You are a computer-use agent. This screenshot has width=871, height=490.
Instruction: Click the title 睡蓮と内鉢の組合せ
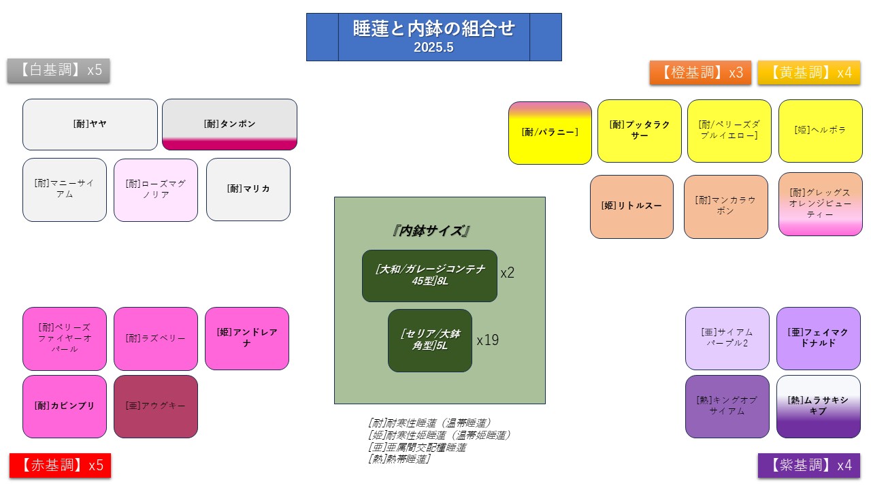433,29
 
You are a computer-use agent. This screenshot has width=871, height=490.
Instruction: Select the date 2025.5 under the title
433,48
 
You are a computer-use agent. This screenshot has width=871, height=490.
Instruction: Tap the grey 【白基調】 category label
59,70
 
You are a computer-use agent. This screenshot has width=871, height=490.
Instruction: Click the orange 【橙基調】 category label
700,73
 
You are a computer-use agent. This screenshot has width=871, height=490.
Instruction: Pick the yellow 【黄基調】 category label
809,73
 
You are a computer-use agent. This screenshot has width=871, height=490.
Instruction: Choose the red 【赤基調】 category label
60,465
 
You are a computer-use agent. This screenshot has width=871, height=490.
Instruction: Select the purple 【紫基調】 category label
809,465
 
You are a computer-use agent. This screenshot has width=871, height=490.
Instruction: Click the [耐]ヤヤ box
90,125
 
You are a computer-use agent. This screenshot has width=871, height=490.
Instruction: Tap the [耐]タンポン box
229,125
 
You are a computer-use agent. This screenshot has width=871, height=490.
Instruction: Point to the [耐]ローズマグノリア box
156,190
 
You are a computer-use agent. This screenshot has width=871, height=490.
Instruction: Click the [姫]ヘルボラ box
820,131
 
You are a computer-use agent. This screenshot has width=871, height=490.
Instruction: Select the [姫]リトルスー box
631,206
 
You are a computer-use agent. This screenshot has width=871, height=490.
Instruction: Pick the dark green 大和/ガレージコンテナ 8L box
429,276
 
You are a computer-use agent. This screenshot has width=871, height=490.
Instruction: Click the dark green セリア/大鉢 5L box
429,340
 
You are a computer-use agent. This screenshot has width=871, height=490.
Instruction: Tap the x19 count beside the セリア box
487,340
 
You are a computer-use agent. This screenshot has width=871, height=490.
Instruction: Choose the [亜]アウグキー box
156,406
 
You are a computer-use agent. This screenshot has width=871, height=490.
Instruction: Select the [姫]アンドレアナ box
247,338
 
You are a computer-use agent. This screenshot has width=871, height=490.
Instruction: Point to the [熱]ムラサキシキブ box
818,406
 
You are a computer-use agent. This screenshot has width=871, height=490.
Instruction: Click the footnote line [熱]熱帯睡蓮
399,459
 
